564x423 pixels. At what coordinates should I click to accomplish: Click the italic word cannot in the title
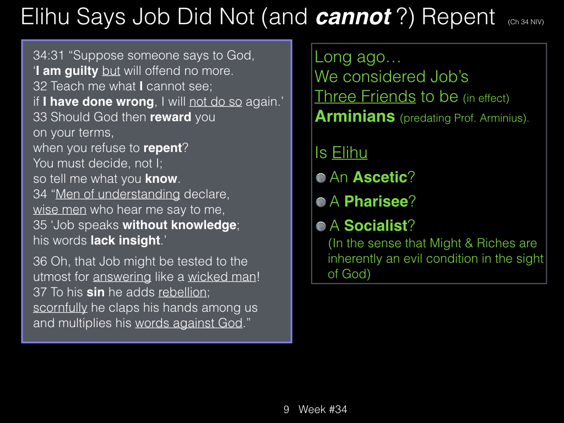pyautogui.click(x=353, y=17)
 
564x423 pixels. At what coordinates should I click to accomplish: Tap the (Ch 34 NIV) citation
pyautogui.click(x=525, y=22)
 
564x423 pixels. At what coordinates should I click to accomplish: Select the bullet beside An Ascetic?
pyautogui.click(x=321, y=178)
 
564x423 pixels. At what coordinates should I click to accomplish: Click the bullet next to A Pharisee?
pyautogui.click(x=321, y=202)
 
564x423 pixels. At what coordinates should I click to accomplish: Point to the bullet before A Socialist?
pyautogui.click(x=321, y=226)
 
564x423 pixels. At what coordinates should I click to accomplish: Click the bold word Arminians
pyautogui.click(x=355, y=117)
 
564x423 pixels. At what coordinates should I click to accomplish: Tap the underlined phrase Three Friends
pyautogui.click(x=365, y=96)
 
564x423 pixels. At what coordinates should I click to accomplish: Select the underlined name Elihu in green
pyautogui.click(x=350, y=153)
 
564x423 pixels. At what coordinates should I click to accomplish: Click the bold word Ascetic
pyautogui.click(x=380, y=177)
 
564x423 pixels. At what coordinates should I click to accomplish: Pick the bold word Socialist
pyautogui.click(x=376, y=225)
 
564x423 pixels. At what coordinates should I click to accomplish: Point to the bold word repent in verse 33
pyautogui.click(x=162, y=148)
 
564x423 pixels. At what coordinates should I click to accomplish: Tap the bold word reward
pyautogui.click(x=171, y=117)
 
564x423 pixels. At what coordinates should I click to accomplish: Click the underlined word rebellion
pyautogui.click(x=183, y=292)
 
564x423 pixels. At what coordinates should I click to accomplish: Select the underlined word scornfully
pyautogui.click(x=60, y=308)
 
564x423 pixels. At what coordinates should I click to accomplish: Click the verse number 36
pyautogui.click(x=40, y=262)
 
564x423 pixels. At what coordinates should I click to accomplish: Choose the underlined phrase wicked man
pyautogui.click(x=222, y=277)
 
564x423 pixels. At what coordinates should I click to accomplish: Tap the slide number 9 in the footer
pyautogui.click(x=286, y=409)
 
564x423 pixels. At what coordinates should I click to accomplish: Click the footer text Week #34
pyautogui.click(x=323, y=409)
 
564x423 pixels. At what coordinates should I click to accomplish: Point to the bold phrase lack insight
pyautogui.click(x=125, y=240)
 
